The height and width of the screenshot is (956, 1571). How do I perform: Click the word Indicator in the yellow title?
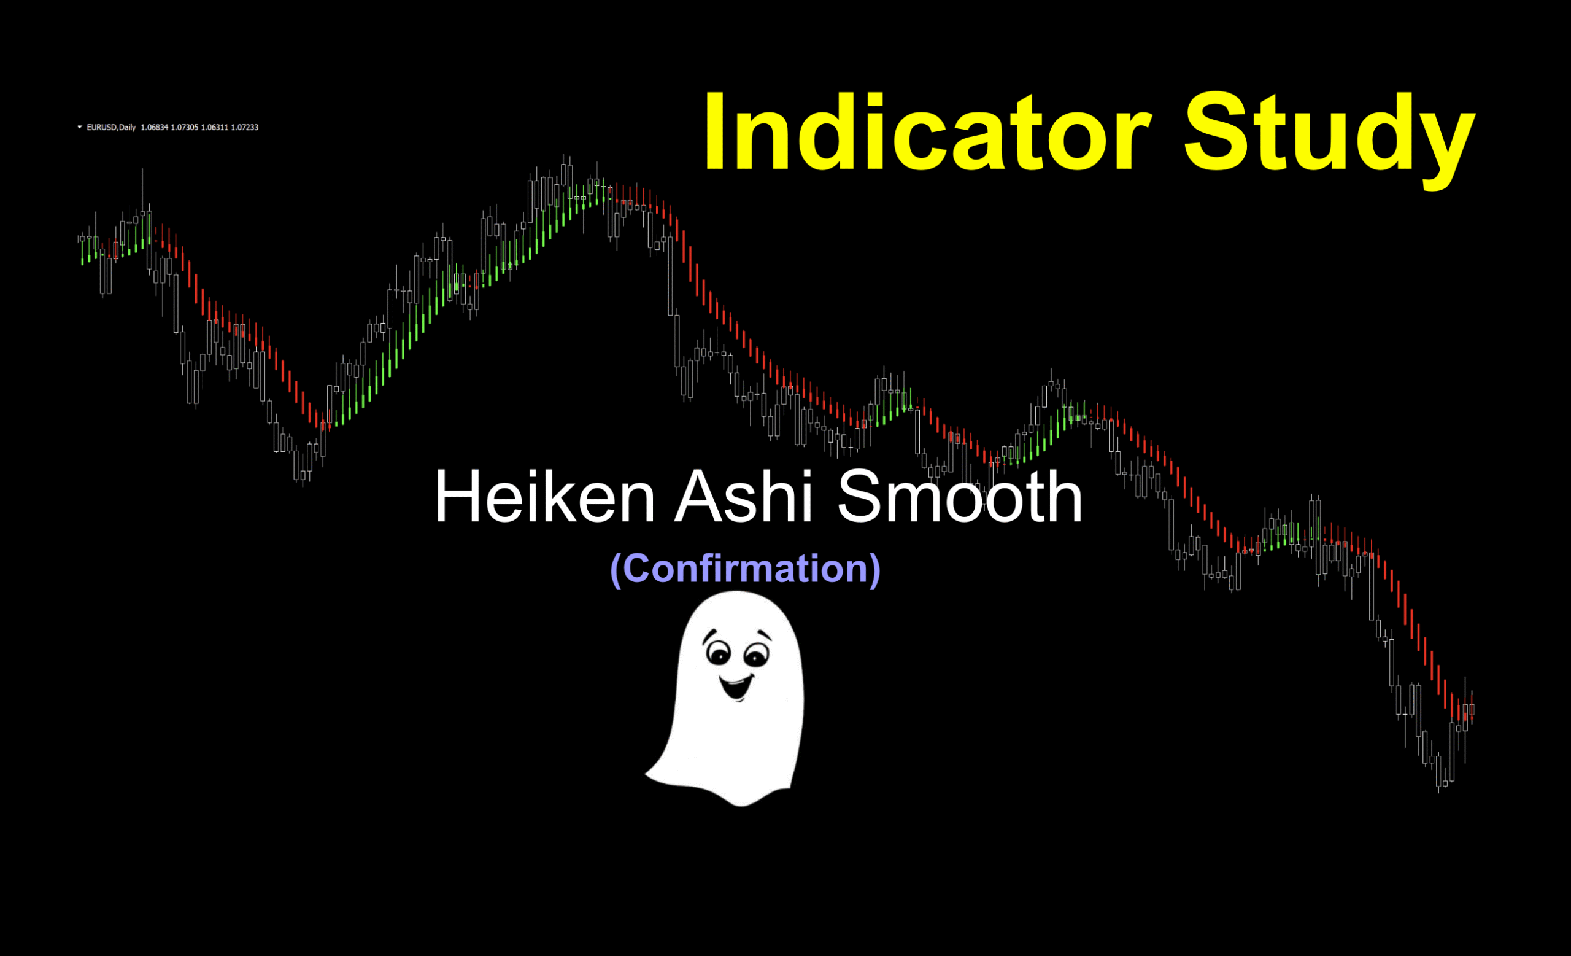point(927,132)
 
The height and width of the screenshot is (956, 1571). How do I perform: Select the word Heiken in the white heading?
point(545,496)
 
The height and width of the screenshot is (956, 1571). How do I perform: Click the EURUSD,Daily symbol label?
point(111,128)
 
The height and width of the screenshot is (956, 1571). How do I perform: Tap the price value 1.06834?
point(154,128)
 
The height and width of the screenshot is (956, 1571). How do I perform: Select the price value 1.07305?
point(184,128)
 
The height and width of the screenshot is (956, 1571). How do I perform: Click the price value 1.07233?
point(245,128)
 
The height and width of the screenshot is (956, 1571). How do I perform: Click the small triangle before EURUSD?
point(80,127)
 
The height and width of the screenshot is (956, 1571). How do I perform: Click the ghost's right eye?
point(757,655)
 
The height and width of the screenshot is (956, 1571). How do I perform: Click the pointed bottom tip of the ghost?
point(741,806)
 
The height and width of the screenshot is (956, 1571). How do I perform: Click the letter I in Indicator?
point(714,133)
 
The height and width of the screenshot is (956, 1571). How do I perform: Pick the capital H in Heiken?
point(457,496)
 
